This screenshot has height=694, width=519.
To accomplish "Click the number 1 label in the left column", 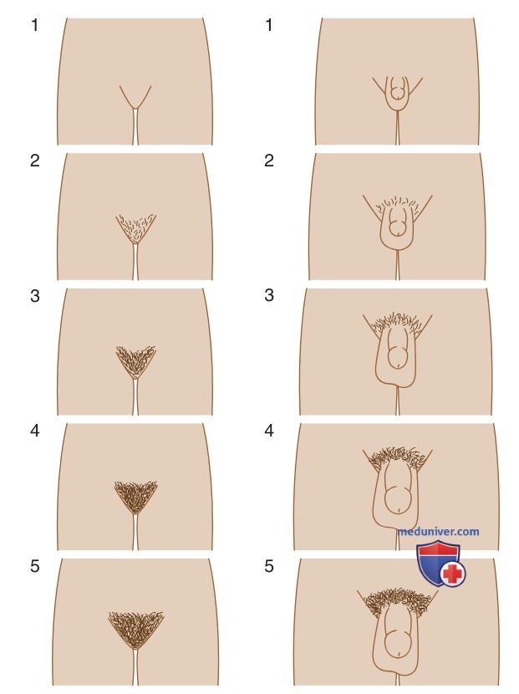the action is pyautogui.click(x=34, y=25).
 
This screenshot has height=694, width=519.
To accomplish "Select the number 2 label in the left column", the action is pyautogui.click(x=35, y=161).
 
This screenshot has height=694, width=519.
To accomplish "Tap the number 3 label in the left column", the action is pyautogui.click(x=35, y=296).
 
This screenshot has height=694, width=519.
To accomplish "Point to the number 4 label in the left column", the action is pyautogui.click(x=35, y=431).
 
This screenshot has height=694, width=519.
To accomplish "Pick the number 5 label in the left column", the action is pyautogui.click(x=35, y=566).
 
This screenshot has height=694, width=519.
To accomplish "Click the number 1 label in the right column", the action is pyautogui.click(x=268, y=25).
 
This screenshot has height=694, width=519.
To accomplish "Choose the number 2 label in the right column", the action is pyautogui.click(x=269, y=161).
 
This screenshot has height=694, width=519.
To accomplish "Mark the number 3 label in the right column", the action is pyautogui.click(x=269, y=295).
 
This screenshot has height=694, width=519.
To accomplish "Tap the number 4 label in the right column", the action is pyautogui.click(x=269, y=431).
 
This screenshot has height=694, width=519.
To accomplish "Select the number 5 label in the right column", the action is pyautogui.click(x=269, y=566).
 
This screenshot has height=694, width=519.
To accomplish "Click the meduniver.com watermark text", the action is pyautogui.click(x=439, y=531).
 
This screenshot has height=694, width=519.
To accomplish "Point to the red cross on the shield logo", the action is pyautogui.click(x=452, y=574).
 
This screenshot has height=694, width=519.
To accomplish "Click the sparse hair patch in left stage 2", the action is pyautogui.click(x=136, y=227).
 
